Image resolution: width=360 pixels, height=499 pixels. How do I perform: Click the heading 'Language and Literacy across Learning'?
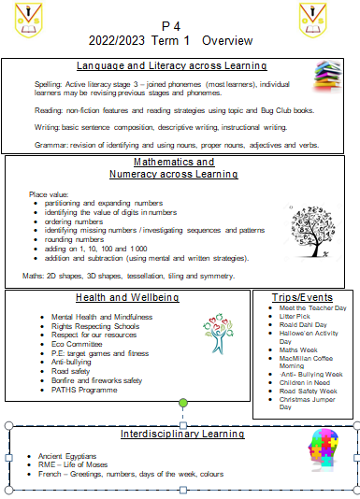[171, 65]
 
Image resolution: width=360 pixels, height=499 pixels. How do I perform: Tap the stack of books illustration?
[326, 74]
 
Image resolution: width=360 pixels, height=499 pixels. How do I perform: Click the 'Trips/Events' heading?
[301, 298]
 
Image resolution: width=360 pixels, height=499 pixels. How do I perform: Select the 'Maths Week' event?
[299, 351]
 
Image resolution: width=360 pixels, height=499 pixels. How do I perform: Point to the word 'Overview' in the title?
[227, 41]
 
